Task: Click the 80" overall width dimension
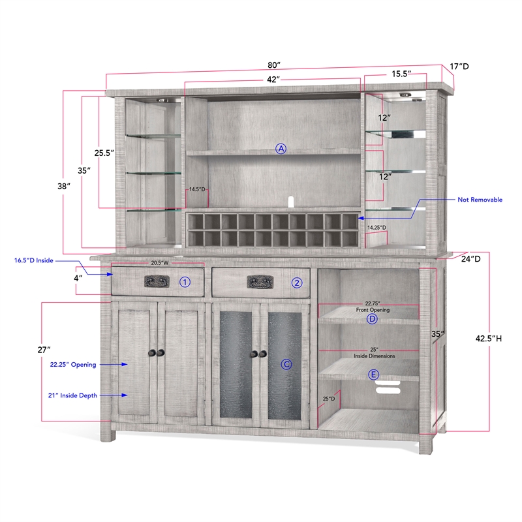[x=274, y=65]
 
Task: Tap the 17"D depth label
[x=459, y=67]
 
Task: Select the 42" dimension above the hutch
[x=273, y=80]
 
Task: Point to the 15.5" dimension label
[x=401, y=74]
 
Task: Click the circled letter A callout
[x=281, y=149]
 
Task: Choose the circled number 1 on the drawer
[x=185, y=283]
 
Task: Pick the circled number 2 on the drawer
[x=297, y=283]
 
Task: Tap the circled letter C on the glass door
[x=286, y=364]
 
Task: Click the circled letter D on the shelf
[x=372, y=319]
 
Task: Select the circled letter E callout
[x=373, y=375]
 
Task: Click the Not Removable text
[x=480, y=200]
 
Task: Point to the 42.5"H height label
[x=488, y=339]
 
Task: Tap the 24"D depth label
[x=470, y=258]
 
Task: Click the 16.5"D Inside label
[x=34, y=260]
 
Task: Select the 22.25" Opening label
[x=73, y=365]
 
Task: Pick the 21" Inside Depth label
[x=72, y=395]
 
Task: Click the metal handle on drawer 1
[x=157, y=282]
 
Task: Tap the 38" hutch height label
[x=64, y=186]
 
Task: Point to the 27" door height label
[x=44, y=350]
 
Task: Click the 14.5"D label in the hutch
[x=197, y=189]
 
